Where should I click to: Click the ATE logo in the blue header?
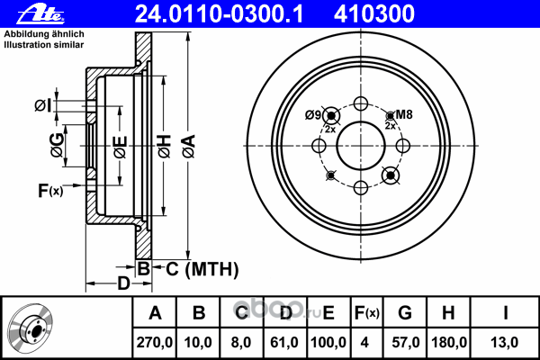point(40,14)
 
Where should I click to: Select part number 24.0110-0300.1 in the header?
point(219,14)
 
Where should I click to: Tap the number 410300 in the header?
point(374,14)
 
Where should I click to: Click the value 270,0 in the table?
point(154,342)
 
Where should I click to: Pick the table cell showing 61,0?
point(284,342)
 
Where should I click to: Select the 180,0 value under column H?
point(449,342)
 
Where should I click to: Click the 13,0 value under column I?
point(505,342)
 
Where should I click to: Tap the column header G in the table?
point(405,313)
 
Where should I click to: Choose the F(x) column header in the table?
point(366,313)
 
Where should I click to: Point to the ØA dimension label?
point(189,147)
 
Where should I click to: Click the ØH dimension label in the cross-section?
point(165,147)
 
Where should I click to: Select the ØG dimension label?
point(57,145)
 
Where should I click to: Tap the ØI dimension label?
point(43,105)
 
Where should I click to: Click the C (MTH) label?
point(202,269)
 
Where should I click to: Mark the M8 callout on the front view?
point(404,114)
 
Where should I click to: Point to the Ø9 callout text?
point(313,114)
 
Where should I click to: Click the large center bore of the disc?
point(361,146)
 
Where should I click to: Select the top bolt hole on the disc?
point(361,103)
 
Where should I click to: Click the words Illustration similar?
point(44,45)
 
